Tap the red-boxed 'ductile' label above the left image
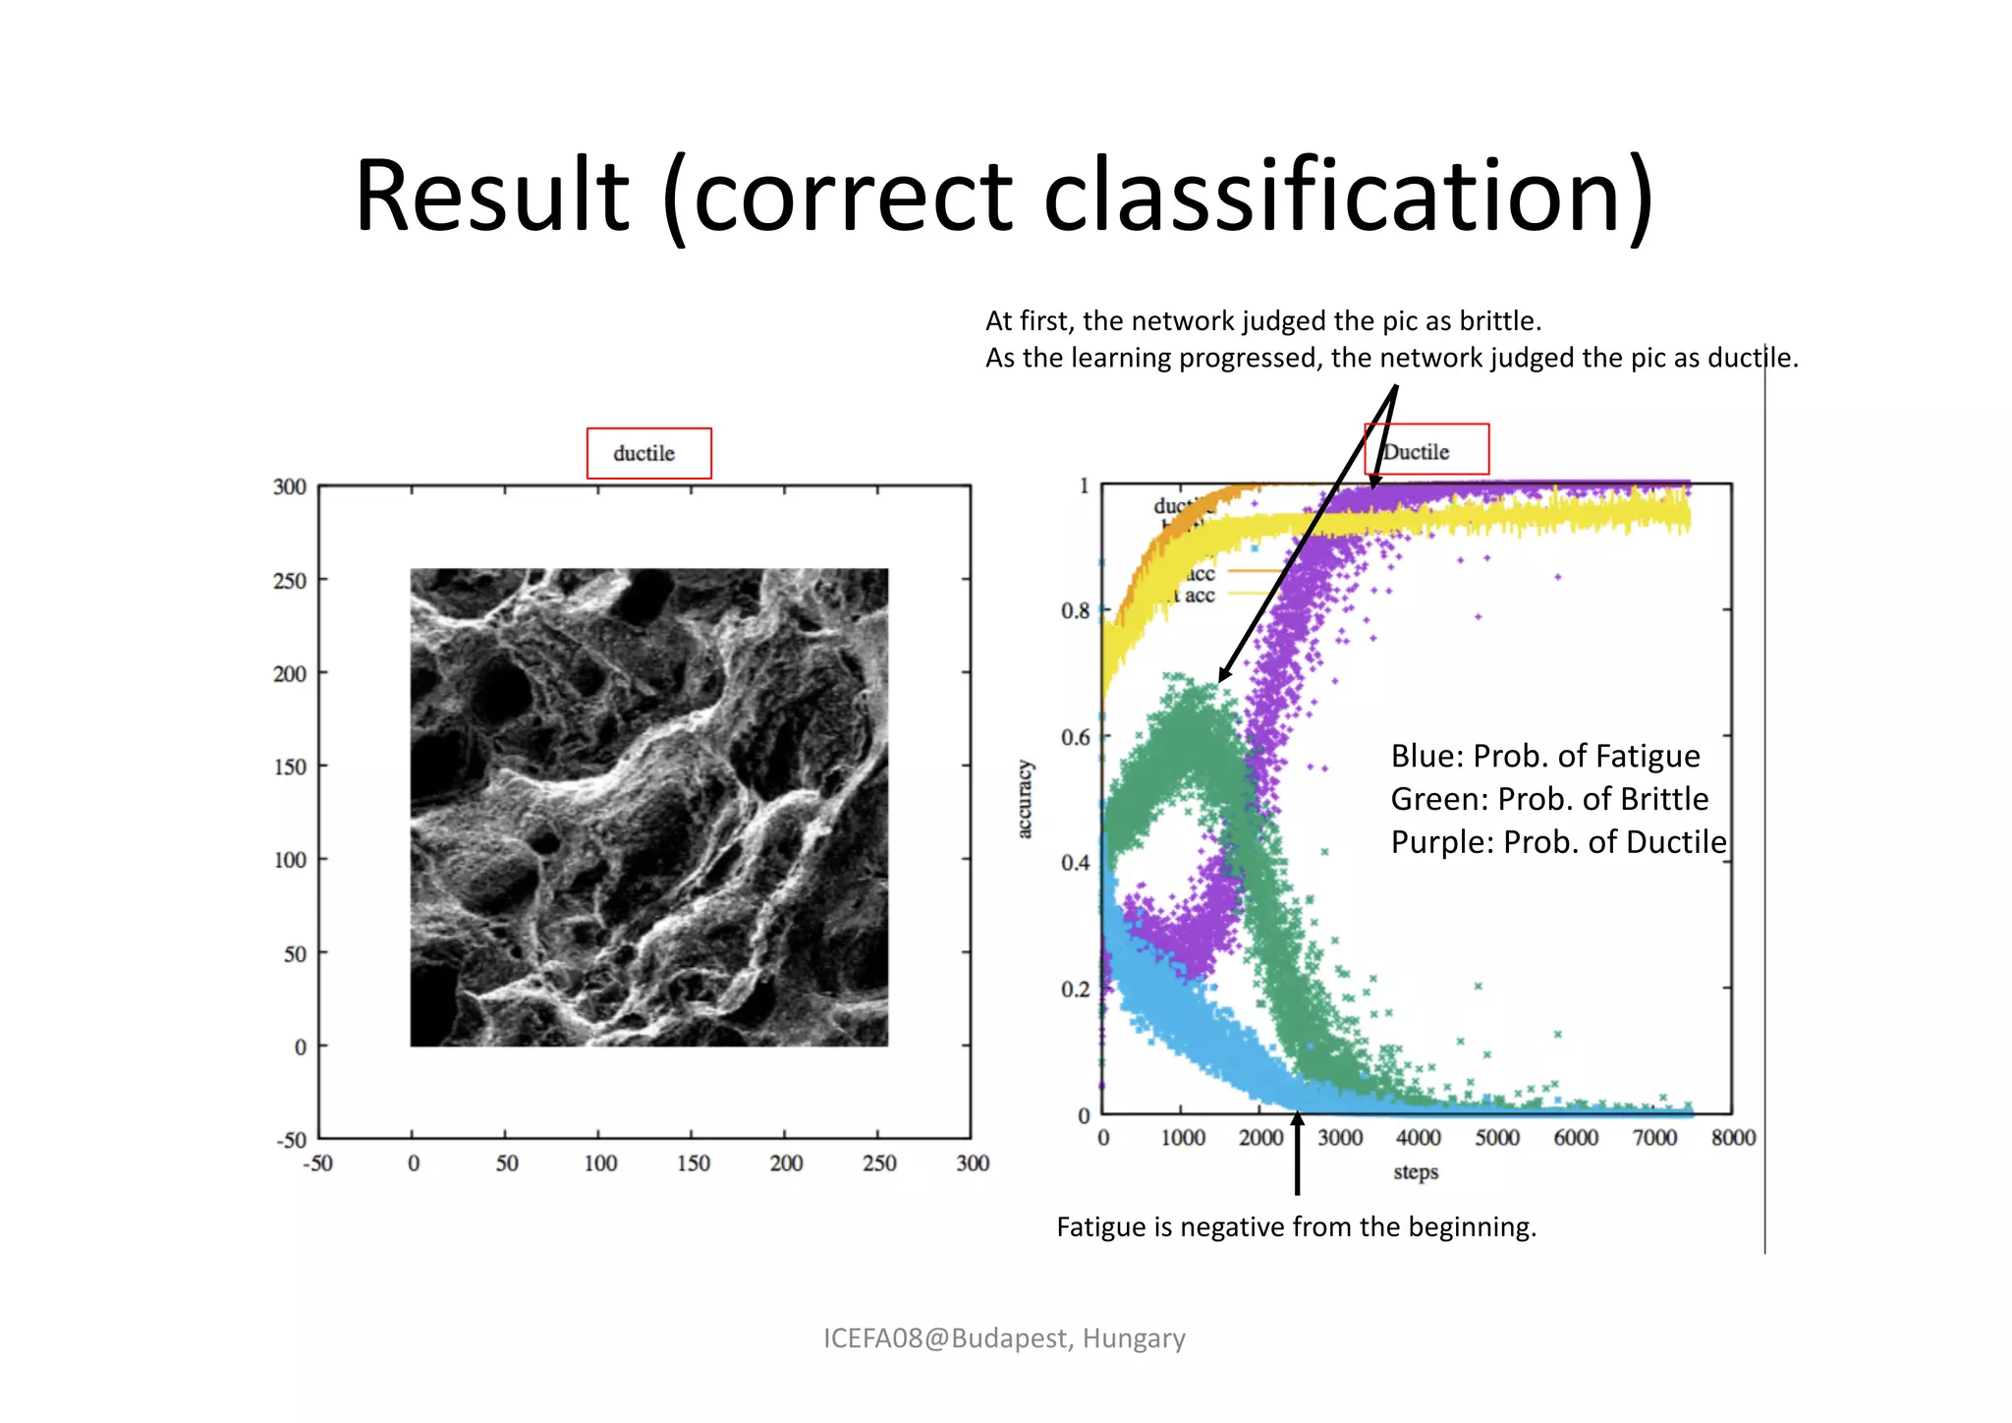tap(644, 453)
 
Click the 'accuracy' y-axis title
tap(1025, 798)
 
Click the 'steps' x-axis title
tap(1415, 1171)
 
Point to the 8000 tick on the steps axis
tap(1733, 1137)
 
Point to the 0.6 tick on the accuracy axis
tap(1076, 737)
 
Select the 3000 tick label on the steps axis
tap(1339, 1137)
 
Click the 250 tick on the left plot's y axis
tap(290, 581)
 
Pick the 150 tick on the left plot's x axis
tap(693, 1163)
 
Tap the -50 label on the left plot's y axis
tap(292, 1140)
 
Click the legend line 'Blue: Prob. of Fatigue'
tap(1544, 756)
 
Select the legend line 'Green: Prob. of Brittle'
tap(1548, 799)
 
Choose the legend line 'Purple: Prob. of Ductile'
tap(1557, 842)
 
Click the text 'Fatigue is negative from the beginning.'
tap(1296, 1226)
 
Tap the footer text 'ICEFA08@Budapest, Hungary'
tap(1004, 1338)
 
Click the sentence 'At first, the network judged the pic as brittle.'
tap(1262, 321)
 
